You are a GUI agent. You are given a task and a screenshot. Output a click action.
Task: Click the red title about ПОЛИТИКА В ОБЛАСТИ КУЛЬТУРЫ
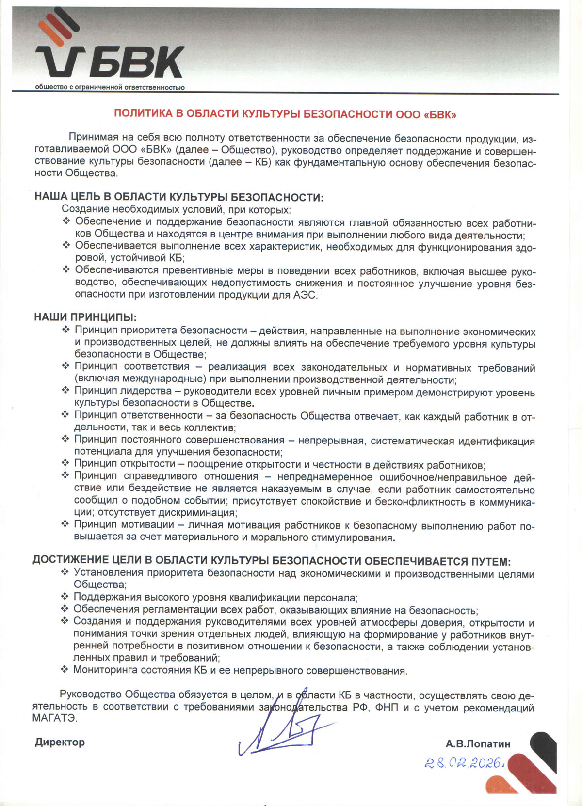pos(285,114)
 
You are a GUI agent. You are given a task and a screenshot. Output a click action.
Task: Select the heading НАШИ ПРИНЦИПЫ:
pos(85,317)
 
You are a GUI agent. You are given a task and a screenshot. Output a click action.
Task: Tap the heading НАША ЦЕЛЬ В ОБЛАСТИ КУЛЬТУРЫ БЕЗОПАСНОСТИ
pos(178,197)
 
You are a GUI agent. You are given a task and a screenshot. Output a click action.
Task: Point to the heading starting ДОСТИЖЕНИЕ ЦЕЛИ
pos(272,561)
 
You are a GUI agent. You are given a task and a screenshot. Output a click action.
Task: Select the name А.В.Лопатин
pos(478,743)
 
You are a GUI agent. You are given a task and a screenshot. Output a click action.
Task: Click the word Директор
pos(60,742)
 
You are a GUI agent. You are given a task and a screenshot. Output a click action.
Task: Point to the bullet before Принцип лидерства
pos(65,390)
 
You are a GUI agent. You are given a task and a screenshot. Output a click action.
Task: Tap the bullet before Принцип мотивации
pos(65,524)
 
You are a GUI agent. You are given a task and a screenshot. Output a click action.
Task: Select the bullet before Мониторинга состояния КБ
pos(65,670)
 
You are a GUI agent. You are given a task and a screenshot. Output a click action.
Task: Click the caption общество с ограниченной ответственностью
pos(110,88)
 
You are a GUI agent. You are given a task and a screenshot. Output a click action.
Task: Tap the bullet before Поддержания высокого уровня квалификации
pos(65,597)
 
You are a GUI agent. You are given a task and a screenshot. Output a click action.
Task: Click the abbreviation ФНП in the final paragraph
pos(387,708)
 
